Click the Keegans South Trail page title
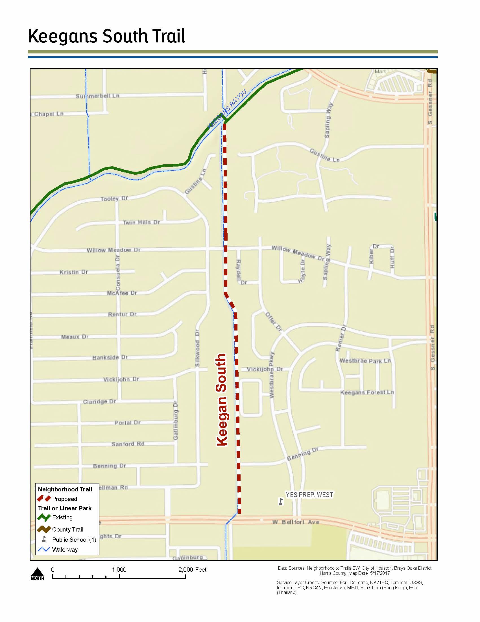[x=107, y=36]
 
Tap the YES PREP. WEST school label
[x=309, y=495]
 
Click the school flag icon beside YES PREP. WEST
[x=281, y=501]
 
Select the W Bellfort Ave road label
[x=296, y=522]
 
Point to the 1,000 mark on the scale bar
[x=119, y=570]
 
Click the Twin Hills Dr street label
[x=141, y=223]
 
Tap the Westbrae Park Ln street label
[x=365, y=361]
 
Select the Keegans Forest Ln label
[x=367, y=392]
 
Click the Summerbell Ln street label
[x=97, y=96]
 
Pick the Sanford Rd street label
[x=128, y=444]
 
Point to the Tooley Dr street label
[x=114, y=198]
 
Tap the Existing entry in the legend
[x=62, y=517]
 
